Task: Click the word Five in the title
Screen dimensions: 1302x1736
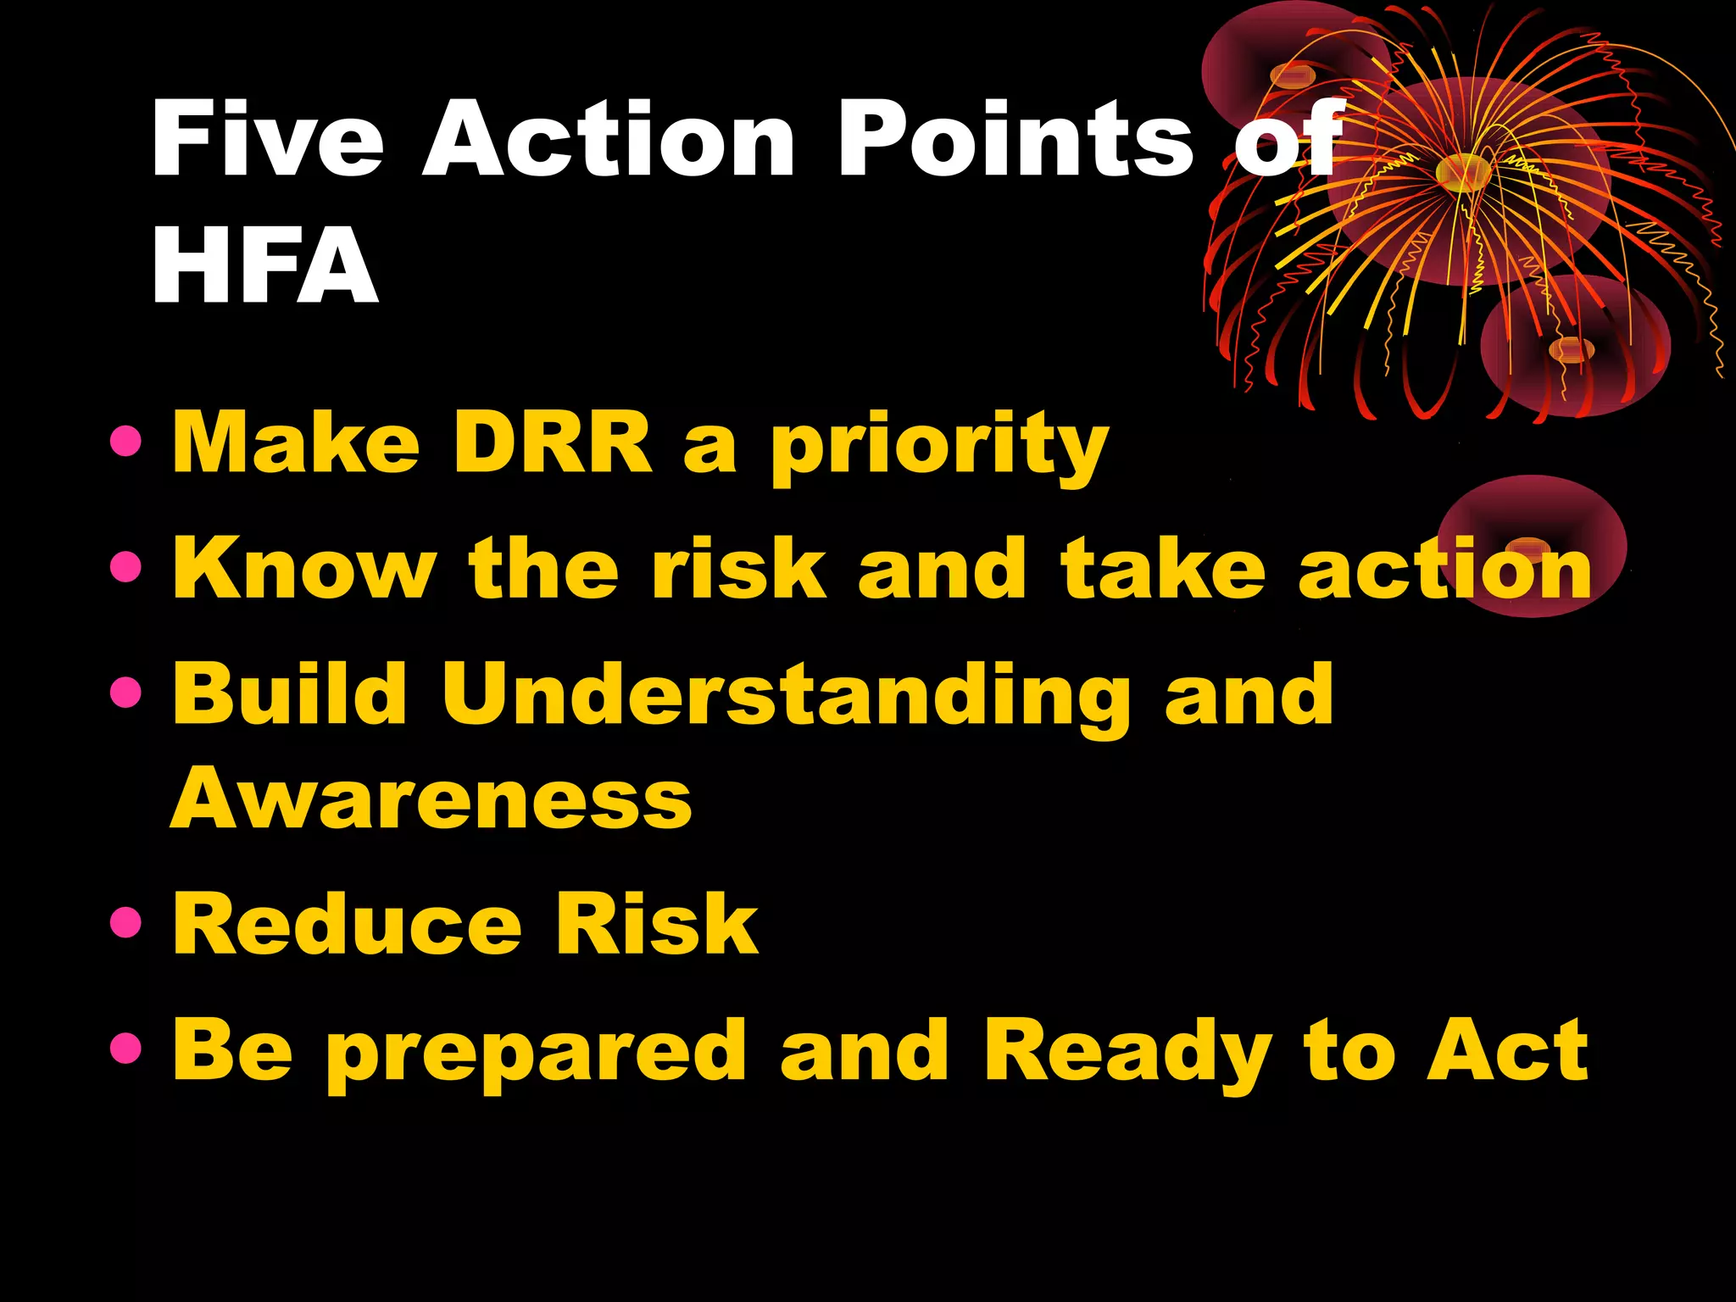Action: point(268,139)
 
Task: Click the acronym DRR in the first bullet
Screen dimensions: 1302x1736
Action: point(552,442)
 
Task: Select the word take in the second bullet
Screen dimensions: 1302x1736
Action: point(1164,568)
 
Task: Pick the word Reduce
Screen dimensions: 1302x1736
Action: point(347,925)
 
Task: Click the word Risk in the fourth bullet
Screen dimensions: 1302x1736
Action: point(655,925)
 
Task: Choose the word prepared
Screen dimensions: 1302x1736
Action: point(536,1054)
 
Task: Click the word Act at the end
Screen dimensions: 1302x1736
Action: point(1506,1051)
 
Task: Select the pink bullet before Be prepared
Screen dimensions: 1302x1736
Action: point(125,1049)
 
